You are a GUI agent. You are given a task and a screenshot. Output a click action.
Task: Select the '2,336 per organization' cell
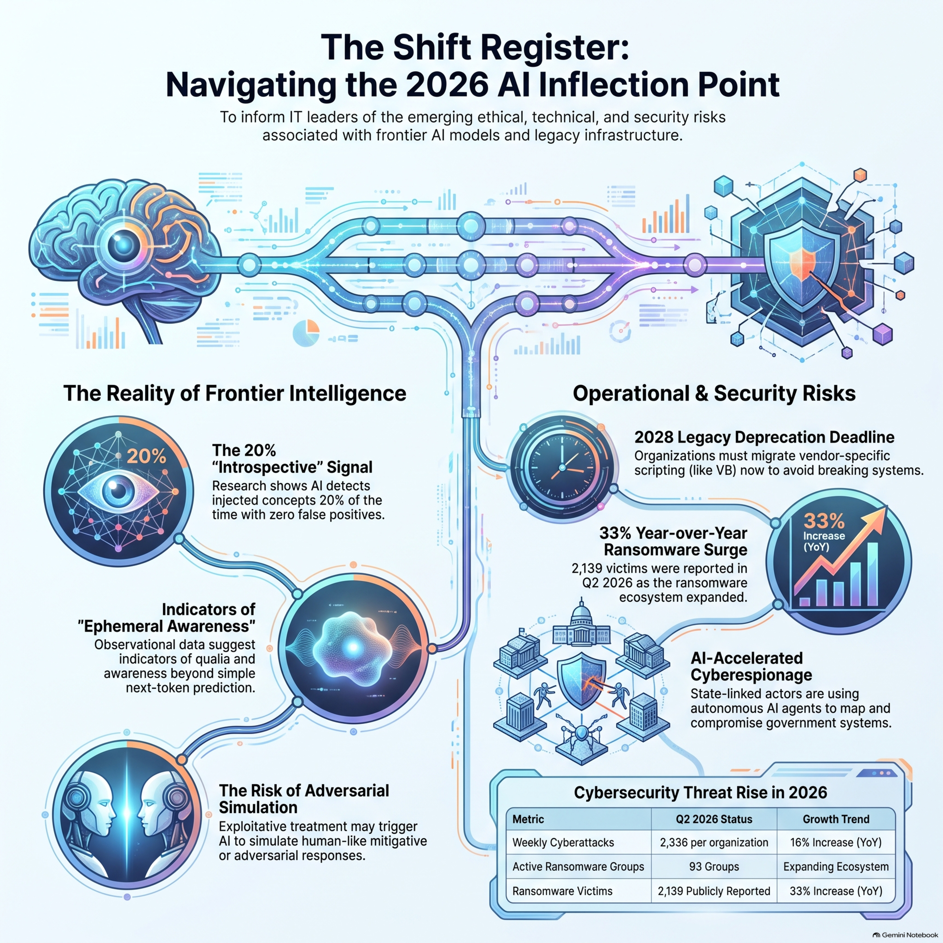click(714, 842)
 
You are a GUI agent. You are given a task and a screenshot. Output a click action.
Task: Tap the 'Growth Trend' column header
click(835, 819)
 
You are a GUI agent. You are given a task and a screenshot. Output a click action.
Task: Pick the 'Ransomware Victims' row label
click(562, 891)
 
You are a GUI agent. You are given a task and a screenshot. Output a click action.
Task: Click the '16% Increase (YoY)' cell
click(835, 842)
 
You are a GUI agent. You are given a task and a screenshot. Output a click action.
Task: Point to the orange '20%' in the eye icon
click(146, 456)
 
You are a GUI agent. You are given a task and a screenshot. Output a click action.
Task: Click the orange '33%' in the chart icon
click(824, 521)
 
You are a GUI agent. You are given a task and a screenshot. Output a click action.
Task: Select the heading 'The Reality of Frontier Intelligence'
click(235, 394)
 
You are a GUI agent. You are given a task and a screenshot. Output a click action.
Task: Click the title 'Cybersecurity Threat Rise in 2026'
click(700, 792)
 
